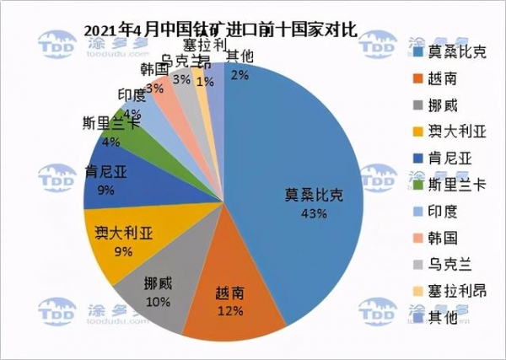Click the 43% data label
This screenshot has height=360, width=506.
pyautogui.click(x=314, y=213)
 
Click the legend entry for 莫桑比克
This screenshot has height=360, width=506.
pyautogui.click(x=452, y=51)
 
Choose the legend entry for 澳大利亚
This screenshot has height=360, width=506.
pyautogui.click(x=452, y=131)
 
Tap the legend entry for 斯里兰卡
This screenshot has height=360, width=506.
pyautogui.click(x=452, y=184)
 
